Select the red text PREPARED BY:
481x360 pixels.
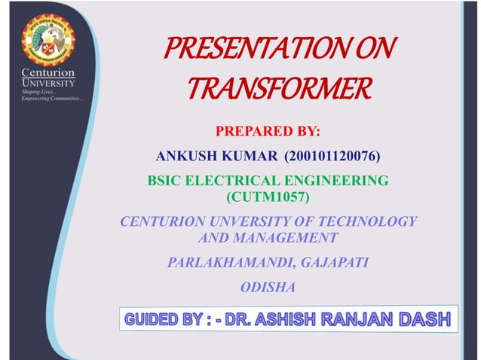[268, 133]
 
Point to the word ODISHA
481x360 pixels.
[268, 287]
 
